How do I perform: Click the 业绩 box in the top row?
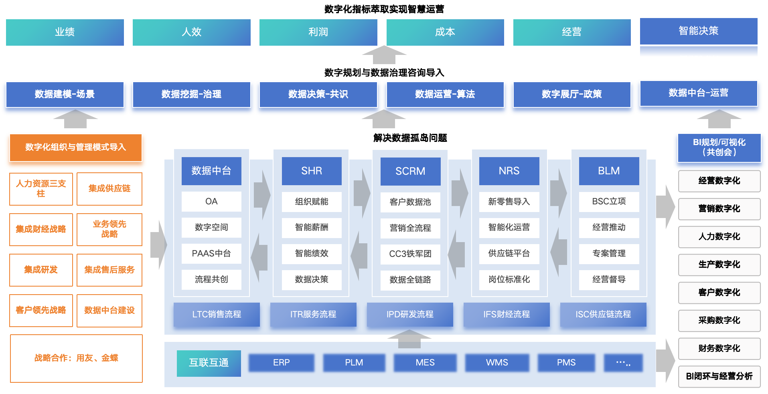coord(65,32)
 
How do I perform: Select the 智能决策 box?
coord(698,31)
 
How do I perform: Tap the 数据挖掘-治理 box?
coord(191,94)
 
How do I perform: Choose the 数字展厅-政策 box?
coord(571,94)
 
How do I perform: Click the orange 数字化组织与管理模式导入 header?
coord(76,147)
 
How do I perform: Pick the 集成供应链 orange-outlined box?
coord(109,189)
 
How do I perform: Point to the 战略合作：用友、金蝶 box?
coord(76,358)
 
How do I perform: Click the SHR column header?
coord(312,171)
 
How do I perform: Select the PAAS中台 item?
coord(211,253)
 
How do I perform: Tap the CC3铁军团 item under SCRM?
coord(410,254)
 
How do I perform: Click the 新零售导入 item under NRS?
coord(509,202)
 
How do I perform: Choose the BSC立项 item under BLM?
coord(609,202)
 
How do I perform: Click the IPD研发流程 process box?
coord(410,315)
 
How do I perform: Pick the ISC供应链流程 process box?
coord(603,315)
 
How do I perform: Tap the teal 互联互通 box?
coord(209,363)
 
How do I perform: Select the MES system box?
coord(425,363)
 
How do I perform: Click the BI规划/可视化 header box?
coord(719,147)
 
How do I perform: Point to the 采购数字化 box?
coord(719,320)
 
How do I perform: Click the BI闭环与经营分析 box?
coord(719,376)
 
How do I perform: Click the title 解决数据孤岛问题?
coord(410,138)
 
